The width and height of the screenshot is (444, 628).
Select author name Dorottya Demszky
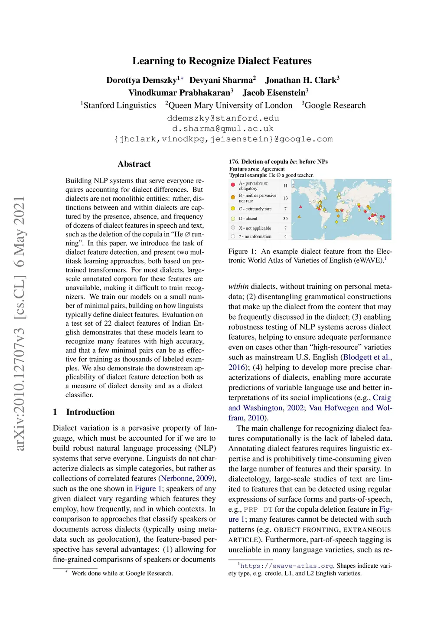tap(141, 80)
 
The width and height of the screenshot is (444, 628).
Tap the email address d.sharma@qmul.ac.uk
tap(223, 128)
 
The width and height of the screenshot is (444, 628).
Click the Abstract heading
tap(134, 164)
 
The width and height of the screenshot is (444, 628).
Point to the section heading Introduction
tap(90, 412)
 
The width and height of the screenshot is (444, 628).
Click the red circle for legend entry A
tap(233, 185)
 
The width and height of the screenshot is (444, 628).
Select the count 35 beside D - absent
tap(285, 219)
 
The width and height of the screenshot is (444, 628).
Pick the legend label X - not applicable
tap(255, 228)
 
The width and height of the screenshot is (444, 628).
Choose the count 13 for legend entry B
tap(285, 198)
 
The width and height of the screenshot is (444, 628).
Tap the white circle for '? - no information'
tap(233, 236)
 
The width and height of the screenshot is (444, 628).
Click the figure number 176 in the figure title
tap(234, 162)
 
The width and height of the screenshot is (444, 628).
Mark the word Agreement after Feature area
tap(273, 169)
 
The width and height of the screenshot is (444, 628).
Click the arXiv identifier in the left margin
tap(20, 323)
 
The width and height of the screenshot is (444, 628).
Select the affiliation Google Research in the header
tap(335, 105)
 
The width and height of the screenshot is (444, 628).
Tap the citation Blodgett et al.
tap(367, 357)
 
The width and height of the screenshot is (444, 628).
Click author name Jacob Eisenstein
tap(274, 93)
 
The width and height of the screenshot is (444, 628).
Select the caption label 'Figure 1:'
tap(242, 252)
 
